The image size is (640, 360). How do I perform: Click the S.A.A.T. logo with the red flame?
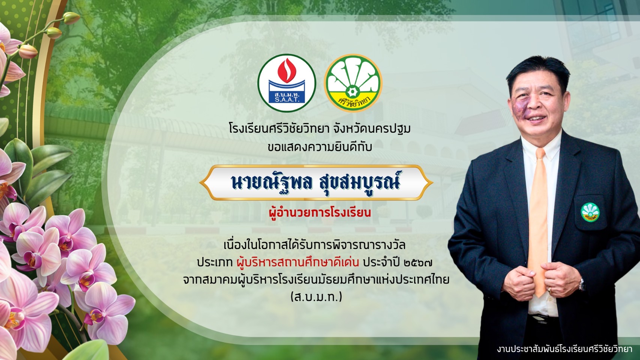coord(287,83)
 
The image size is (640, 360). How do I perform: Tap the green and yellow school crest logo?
coord(353,83)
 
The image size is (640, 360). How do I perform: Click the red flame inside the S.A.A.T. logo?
coord(287,70)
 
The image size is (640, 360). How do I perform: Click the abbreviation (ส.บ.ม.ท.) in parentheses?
coord(316,297)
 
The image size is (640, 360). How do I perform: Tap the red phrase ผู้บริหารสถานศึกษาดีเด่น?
coord(298,262)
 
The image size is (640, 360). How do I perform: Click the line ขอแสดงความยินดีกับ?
coord(320,147)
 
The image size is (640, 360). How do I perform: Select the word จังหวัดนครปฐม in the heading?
coord(371,129)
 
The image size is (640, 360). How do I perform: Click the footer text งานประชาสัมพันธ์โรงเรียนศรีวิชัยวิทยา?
coord(564,349)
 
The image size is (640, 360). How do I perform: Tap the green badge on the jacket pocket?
coord(590,212)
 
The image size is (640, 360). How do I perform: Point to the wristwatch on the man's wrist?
coord(581,285)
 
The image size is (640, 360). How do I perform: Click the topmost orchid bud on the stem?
coord(71,18)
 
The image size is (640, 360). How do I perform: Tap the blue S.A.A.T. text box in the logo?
coord(287,97)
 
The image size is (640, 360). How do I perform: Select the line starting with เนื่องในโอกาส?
coord(315,245)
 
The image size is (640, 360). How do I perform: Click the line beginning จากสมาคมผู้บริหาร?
coord(316,279)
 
